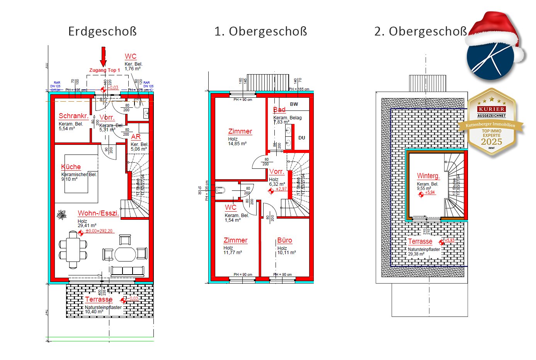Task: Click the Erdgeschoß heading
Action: (x=102, y=31)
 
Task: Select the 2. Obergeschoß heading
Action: (x=420, y=31)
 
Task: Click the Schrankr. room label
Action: (x=73, y=116)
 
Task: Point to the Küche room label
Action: (x=71, y=167)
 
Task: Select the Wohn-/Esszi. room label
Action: (x=98, y=213)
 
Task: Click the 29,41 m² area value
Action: (x=87, y=226)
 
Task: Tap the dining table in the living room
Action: (x=73, y=250)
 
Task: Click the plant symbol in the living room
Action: (x=61, y=215)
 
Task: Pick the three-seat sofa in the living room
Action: (x=128, y=271)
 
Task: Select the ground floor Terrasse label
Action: (x=99, y=299)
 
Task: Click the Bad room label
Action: (x=279, y=110)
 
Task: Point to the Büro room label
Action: (x=284, y=240)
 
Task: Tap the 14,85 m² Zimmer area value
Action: (x=237, y=144)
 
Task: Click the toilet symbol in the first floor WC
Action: (x=220, y=190)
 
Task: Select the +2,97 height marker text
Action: (x=281, y=189)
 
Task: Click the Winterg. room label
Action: (x=428, y=176)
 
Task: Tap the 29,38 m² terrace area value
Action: (x=416, y=254)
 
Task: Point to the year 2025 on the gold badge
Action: (x=491, y=142)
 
